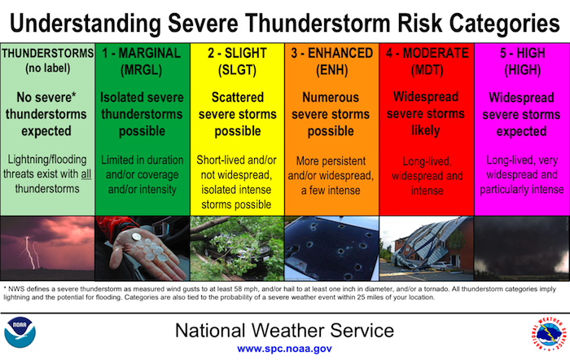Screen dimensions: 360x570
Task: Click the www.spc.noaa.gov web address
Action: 283,348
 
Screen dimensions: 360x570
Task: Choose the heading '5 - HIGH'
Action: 521,53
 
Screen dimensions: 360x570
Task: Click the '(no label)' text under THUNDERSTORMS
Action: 47,67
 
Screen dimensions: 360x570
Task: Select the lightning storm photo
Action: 47,248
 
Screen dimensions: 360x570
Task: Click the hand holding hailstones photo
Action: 142,248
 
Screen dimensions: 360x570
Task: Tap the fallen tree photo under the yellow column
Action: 237,248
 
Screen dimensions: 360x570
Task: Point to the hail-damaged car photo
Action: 331,248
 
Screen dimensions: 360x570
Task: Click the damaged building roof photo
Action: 426,248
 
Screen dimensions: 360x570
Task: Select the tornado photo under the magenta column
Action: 521,248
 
